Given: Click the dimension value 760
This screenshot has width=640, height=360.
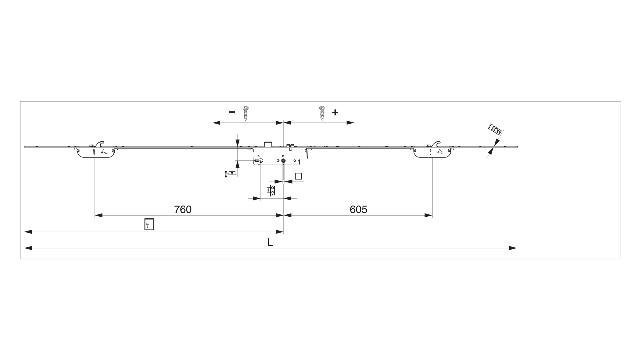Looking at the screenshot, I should (183, 209).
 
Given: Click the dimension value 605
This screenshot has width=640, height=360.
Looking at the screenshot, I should (358, 209).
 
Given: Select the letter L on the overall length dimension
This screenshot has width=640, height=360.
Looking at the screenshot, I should (270, 242).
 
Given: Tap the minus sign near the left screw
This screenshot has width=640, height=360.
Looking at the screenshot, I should (232, 112).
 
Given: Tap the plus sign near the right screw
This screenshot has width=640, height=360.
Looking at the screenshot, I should (335, 112).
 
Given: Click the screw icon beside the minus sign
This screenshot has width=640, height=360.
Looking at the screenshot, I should (246, 113).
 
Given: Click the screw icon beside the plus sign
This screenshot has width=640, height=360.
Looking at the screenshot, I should (322, 113).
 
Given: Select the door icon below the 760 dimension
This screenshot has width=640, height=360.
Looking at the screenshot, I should (149, 224).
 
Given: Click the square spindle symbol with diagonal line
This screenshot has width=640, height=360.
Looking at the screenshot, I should (298, 176).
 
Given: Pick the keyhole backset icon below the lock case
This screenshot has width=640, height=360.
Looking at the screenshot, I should (271, 190).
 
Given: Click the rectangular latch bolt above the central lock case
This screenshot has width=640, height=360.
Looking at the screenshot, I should (268, 144).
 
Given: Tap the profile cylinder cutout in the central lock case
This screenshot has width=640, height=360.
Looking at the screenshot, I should (258, 161).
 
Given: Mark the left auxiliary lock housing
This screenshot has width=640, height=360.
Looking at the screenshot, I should (96, 153).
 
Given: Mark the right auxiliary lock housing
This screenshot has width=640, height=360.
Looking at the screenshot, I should (432, 153).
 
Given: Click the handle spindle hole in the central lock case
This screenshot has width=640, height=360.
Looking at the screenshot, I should (283, 161).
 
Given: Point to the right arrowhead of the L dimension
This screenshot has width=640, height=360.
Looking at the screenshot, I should (513, 248).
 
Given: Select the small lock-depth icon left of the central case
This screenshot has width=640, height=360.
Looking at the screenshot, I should (231, 173).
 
